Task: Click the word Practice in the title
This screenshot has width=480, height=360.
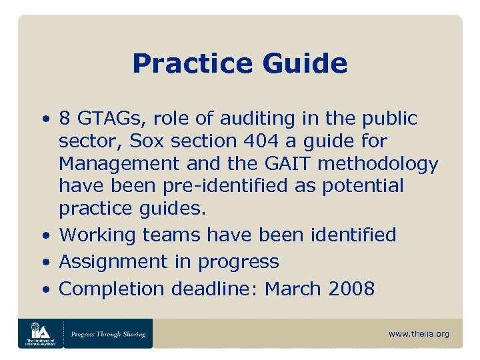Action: point(191,64)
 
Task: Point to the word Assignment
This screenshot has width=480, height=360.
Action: point(114,262)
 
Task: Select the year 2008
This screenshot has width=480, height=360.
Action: point(351,289)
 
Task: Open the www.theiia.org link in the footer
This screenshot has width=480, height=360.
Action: point(419,333)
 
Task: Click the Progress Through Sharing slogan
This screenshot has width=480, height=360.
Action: point(108,333)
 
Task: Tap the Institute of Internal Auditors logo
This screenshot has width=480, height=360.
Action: point(39,333)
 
